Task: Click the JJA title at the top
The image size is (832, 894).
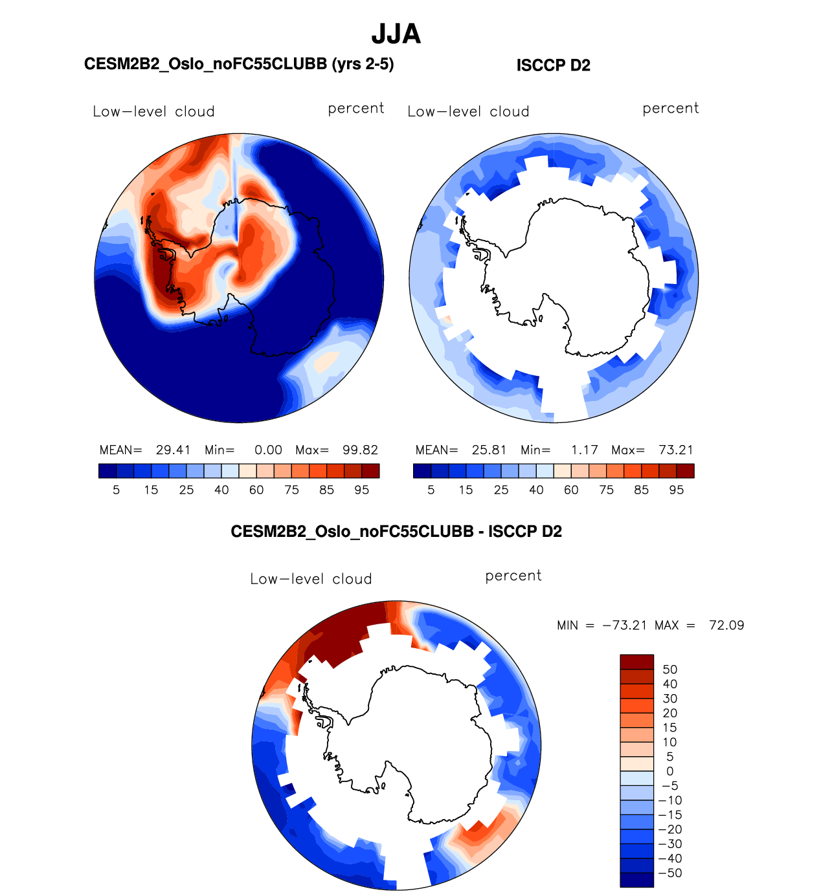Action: coord(396,34)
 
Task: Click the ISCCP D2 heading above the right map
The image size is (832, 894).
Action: coord(553,65)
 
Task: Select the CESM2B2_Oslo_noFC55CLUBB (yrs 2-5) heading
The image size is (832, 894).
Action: coord(239,64)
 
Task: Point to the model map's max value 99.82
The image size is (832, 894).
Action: coord(360,450)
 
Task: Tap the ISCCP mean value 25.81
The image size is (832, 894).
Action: coord(489,450)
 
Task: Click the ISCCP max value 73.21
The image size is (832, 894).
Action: coord(675,450)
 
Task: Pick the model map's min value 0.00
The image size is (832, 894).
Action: coord(268,450)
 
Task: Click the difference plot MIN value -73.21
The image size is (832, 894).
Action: coord(625,626)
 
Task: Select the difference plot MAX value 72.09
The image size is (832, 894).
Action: coord(726,626)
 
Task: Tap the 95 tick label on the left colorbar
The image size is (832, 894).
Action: coord(361,490)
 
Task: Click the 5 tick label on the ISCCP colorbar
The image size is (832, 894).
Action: coord(431,490)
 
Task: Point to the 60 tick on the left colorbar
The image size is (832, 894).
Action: coord(256,490)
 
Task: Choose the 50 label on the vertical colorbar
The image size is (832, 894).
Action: coord(670,670)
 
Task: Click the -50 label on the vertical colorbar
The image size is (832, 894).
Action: coord(670,873)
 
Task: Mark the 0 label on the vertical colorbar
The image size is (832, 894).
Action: coord(670,771)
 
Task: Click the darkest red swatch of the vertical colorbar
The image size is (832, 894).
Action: coord(636,662)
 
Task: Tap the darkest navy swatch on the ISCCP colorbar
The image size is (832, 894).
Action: coord(422,471)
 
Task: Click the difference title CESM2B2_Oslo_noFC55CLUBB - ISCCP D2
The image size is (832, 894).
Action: coord(396,532)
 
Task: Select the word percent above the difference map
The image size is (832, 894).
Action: coord(513,576)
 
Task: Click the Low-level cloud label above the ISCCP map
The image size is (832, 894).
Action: coord(468,112)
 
